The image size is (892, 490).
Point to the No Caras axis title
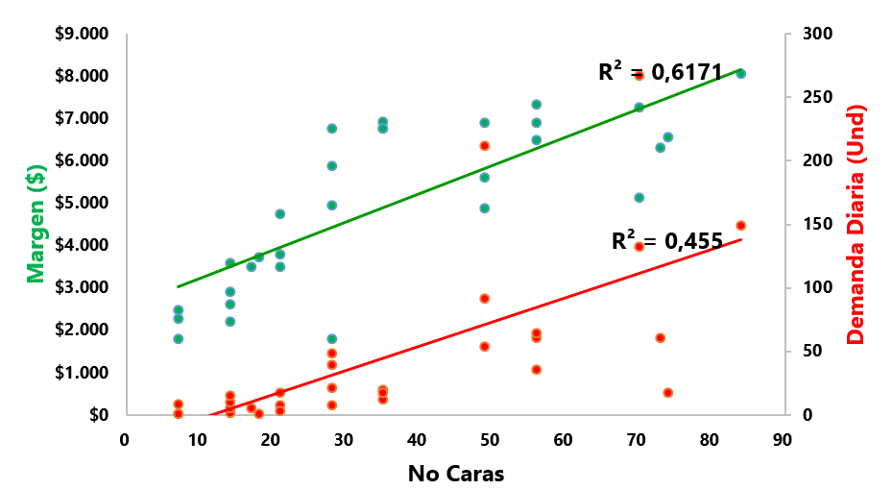coord(455,474)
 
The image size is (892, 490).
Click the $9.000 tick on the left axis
coord(81,35)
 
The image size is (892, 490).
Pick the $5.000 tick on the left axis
coord(81,203)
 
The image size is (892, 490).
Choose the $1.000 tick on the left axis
coord(81,372)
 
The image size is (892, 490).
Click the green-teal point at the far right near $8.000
coord(740,73)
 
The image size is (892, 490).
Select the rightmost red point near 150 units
coord(740,226)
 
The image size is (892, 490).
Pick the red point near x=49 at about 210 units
coord(485,146)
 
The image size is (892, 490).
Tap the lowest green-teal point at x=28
coord(331,339)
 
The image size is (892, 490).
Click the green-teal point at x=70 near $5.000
coord(639,198)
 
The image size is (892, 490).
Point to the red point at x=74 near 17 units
coord(667,393)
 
